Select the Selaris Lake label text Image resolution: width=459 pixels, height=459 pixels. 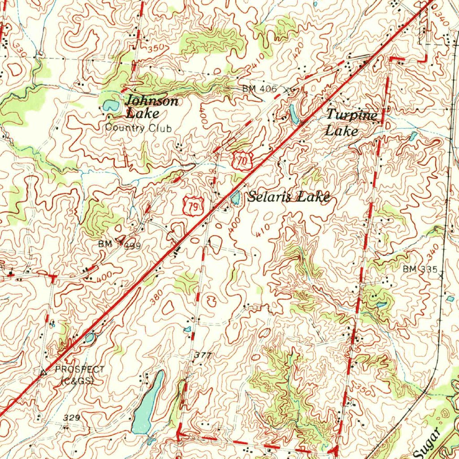coord(289,197)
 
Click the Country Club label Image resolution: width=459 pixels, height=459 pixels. coord(138,128)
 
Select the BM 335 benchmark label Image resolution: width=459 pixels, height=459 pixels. coord(420,269)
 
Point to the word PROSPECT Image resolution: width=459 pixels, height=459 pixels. coord(79,369)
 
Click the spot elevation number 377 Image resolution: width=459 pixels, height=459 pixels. coord(203,355)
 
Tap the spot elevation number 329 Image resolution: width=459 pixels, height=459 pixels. coord(71,418)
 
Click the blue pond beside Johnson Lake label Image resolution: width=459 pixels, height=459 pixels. coord(109,106)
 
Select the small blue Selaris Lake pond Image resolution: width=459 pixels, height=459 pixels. coord(234,196)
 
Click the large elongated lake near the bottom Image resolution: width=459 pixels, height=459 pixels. coord(148,402)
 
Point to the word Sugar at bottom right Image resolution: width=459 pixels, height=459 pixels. coord(430,441)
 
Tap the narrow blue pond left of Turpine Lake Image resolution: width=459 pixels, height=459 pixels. coord(294,114)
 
